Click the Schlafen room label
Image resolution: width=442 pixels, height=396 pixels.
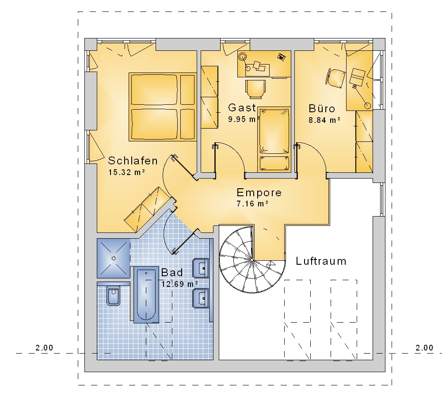pos(133,161)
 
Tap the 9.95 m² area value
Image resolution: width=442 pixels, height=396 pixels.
pos(244,119)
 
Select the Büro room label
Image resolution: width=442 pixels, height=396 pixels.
pos(322,109)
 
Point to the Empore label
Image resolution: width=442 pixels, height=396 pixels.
pos(259,193)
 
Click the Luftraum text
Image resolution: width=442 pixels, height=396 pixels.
pos(321,261)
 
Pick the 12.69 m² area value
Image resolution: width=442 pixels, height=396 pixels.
pos(179,284)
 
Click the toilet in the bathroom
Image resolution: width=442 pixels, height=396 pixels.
pos(113,295)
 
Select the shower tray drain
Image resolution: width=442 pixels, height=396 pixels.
pos(114,258)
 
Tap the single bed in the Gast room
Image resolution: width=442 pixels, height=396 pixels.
pos(274,139)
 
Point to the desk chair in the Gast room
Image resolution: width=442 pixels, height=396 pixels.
pos(255,89)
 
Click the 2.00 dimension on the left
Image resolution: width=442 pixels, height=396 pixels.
pos(44,348)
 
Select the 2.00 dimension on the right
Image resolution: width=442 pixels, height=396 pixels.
pos(424,348)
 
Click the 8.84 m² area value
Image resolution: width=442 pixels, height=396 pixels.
pos(324,120)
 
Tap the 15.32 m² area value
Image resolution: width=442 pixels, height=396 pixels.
pos(126,172)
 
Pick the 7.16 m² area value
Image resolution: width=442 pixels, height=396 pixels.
pos(252,203)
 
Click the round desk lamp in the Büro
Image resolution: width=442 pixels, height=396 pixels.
pos(368,106)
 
